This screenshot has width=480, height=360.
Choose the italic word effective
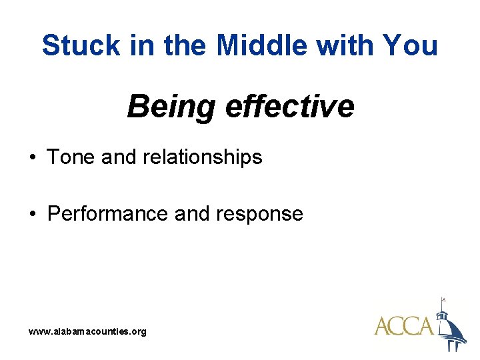coord(289,106)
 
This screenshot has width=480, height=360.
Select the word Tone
coord(71,157)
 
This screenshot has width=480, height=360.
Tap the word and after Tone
coord(119,157)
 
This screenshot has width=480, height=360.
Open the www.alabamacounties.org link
coord(87,331)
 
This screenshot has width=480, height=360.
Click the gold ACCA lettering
coord(404,327)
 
